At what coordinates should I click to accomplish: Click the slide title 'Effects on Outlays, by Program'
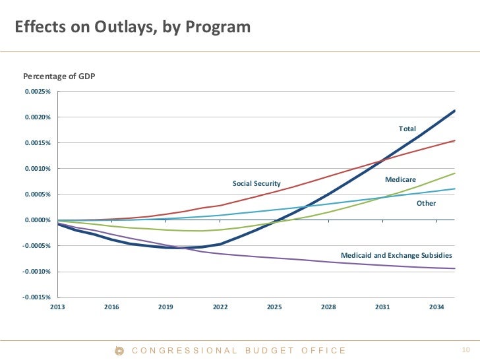click(133, 27)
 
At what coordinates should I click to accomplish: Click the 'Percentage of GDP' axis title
click(59, 76)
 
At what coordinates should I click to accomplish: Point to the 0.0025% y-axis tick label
click(37, 92)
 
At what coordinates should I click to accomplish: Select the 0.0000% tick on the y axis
click(37, 220)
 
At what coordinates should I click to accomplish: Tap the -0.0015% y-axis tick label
click(36, 297)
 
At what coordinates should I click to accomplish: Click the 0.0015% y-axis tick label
click(37, 143)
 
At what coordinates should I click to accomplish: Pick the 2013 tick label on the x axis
click(57, 307)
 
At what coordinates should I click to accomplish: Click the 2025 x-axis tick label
click(274, 307)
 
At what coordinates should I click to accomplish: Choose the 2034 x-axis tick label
click(436, 307)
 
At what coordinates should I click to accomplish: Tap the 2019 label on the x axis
click(165, 307)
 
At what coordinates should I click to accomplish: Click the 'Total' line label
click(407, 129)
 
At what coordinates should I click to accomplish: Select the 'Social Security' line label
click(256, 183)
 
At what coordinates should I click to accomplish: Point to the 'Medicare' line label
click(400, 179)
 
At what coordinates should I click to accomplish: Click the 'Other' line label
click(426, 203)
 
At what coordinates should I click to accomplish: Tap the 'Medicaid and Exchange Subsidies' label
click(396, 255)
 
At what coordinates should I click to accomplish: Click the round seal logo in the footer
click(119, 351)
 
